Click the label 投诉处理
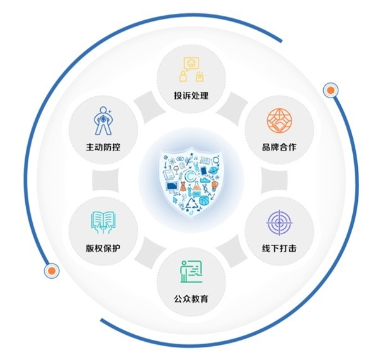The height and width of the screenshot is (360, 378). click(x=191, y=96)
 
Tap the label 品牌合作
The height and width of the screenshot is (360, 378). click(x=279, y=147)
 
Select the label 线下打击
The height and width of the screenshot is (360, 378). click(x=279, y=248)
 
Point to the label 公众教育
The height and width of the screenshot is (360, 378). click(x=191, y=299)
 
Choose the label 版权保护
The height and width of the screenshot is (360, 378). click(x=103, y=248)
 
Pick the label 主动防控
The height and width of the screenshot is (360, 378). click(x=103, y=147)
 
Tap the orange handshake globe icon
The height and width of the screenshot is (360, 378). click(x=279, y=121)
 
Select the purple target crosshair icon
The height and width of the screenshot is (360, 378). click(x=279, y=223)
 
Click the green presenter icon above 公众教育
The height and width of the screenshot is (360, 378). click(x=192, y=272)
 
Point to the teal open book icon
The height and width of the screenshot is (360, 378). click(x=103, y=223)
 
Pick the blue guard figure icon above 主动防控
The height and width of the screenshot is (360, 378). click(x=103, y=121)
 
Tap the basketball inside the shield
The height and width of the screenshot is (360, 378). click(x=204, y=200)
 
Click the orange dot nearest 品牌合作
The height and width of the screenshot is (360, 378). click(x=331, y=90)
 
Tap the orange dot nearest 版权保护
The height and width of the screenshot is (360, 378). click(x=52, y=271)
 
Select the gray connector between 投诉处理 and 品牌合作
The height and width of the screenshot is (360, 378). click(x=232, y=106)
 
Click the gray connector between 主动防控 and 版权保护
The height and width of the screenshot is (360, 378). click(x=105, y=181)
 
